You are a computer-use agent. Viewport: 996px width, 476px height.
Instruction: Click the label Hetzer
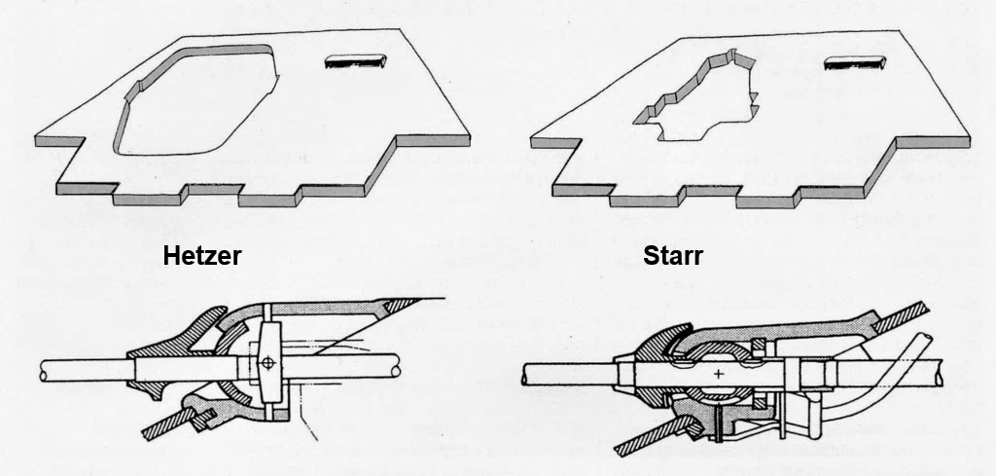point(202,257)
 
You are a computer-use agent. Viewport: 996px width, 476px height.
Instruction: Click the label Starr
point(673,257)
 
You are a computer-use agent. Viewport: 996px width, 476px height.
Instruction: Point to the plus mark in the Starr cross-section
point(719,373)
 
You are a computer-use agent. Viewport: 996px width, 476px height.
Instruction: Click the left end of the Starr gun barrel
point(526,374)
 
